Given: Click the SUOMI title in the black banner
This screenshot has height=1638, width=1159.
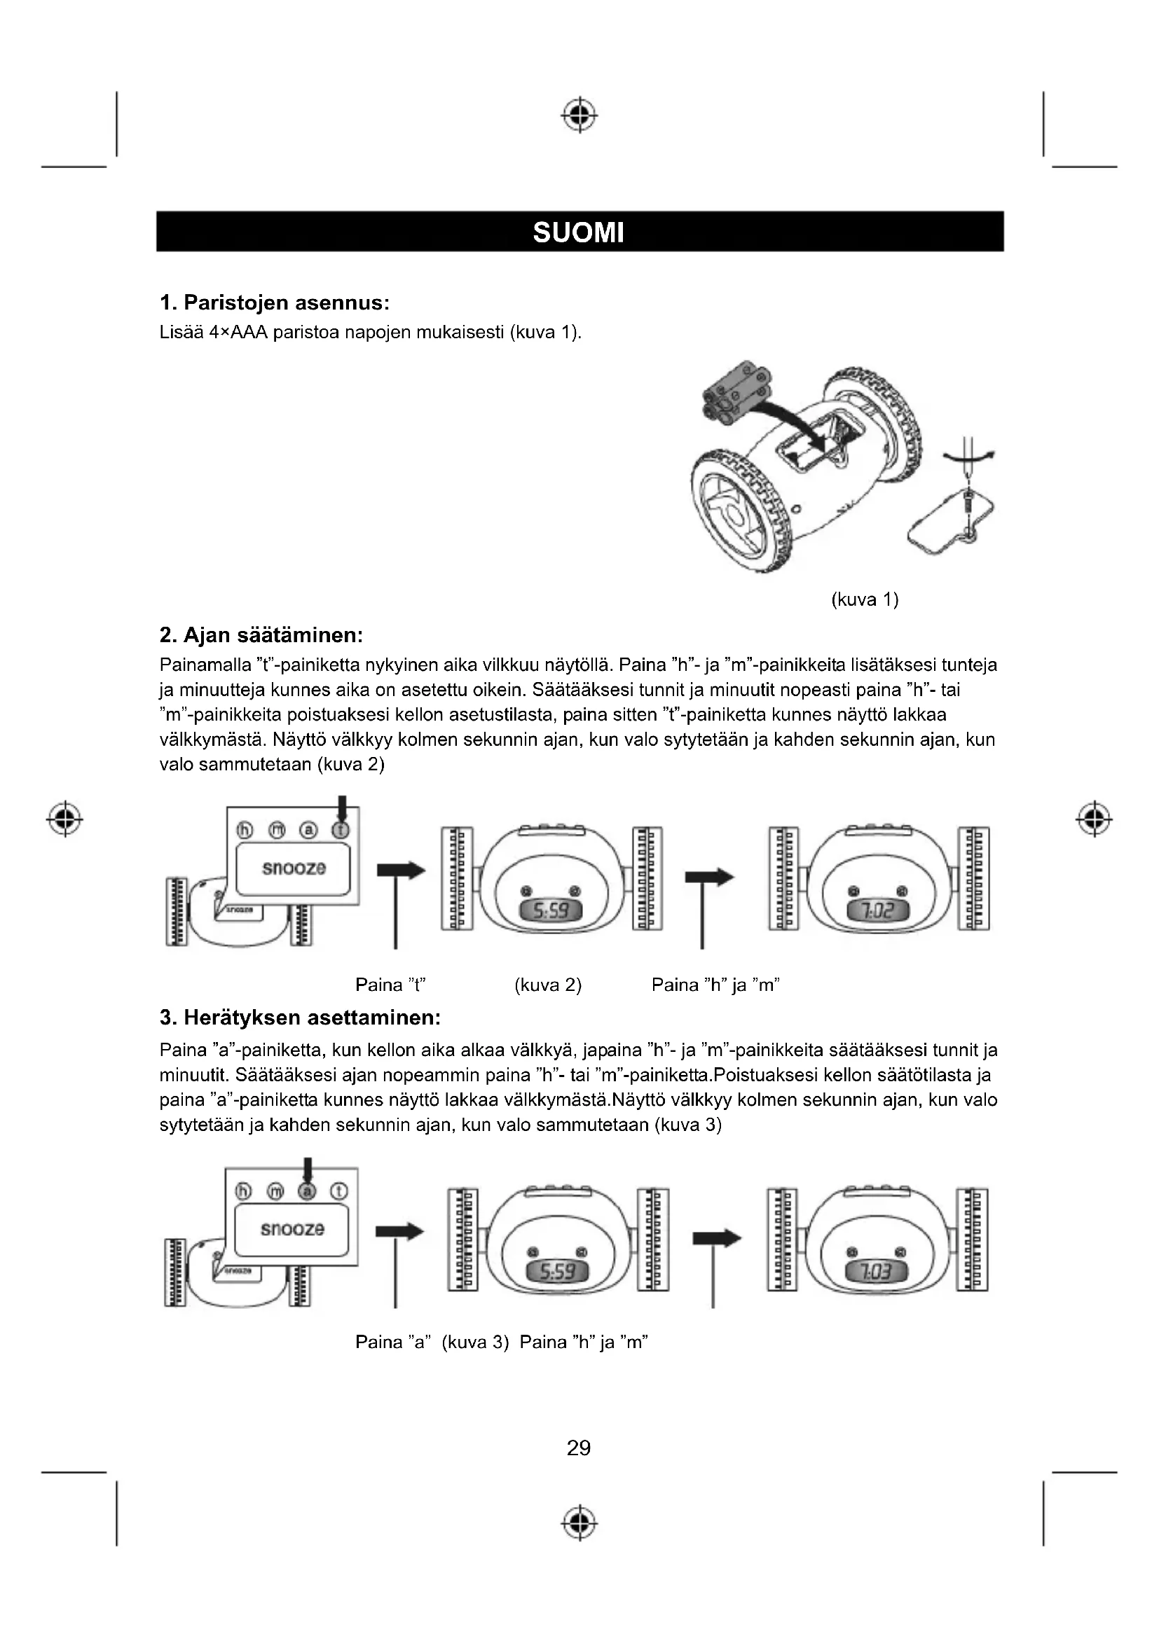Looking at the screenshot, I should point(578,232).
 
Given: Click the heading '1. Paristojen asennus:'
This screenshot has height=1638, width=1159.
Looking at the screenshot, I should point(274,303).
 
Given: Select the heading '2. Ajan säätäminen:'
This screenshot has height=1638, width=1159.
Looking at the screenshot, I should point(261,635).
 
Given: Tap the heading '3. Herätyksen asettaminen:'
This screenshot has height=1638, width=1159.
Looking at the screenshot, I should point(300,1018).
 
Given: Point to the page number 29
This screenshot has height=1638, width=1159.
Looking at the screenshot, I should point(579,1448).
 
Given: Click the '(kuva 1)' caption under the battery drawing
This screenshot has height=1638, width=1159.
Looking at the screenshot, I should point(864,599).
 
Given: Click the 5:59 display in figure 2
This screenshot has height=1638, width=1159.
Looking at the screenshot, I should point(550,910).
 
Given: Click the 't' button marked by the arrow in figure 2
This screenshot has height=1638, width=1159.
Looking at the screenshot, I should point(342,830).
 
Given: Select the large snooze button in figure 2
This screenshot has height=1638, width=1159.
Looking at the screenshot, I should point(294,868).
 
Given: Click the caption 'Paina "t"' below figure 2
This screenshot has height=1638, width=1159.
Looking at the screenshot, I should point(390,985).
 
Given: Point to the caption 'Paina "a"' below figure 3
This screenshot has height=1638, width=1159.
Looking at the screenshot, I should point(391,1342).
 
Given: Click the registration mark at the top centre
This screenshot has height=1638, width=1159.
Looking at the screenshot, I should point(579,114).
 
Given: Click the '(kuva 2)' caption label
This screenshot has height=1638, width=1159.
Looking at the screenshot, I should point(547,985).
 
